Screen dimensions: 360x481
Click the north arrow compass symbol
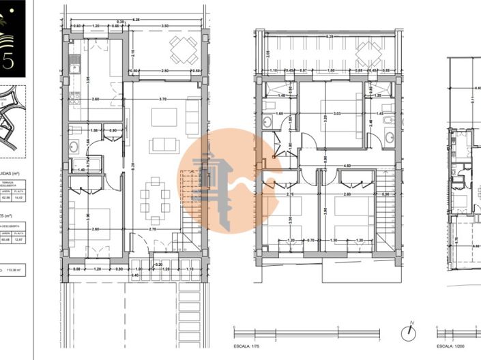point(408,332)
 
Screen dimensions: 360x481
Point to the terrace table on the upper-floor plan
point(369,50)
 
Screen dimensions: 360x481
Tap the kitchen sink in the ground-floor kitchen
point(74,70)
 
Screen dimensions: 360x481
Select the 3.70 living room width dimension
point(161,100)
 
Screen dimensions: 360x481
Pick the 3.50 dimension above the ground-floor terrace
point(165,25)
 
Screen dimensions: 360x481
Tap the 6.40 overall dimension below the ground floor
point(134,275)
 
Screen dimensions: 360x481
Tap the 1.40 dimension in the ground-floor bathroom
point(81,169)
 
